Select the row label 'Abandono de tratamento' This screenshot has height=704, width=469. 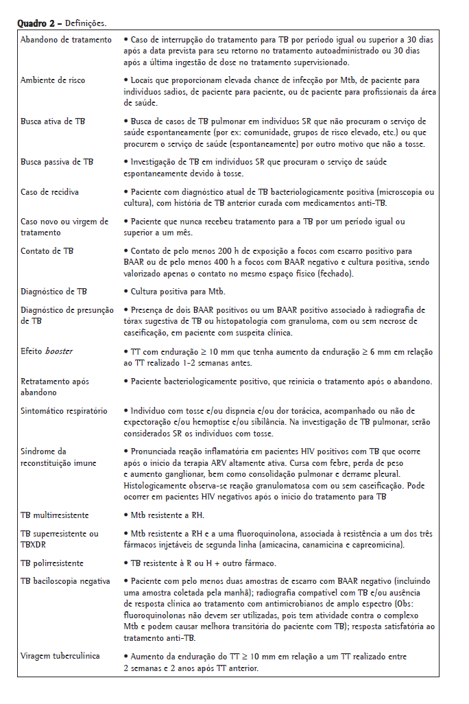coord(66,40)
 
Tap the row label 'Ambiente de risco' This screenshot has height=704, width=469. coord(53,80)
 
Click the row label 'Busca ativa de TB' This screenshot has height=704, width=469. coord(52,121)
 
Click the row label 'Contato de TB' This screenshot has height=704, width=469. coord(47,250)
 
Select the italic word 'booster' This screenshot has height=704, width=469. coord(59,351)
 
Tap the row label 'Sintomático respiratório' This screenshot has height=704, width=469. coord(64,411)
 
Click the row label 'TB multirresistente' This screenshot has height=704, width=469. coord(55,515)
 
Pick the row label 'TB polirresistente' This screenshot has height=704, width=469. coord(52,563)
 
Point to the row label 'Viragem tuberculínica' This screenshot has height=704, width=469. coord(60,656)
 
